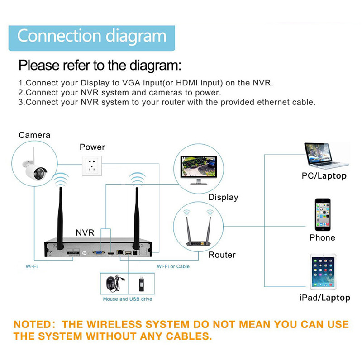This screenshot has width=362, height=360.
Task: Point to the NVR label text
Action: [85, 232]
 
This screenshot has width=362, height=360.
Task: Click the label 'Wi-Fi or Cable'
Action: [173, 266]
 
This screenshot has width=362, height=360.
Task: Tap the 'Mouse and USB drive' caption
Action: [127, 299]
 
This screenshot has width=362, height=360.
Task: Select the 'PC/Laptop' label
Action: [324, 176]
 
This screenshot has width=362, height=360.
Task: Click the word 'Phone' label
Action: [322, 237]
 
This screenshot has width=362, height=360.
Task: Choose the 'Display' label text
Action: [223, 197]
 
